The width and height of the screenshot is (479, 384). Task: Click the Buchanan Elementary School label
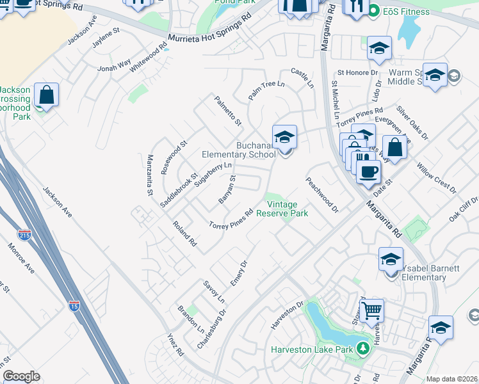pos(239,150)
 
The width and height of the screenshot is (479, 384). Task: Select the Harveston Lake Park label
pos(312,349)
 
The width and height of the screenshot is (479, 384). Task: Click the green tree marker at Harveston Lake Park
pos(363,349)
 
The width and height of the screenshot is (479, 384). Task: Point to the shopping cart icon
pos(371,310)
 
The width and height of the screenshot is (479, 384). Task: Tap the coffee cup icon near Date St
pos(368,172)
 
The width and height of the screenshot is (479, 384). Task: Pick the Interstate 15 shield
pos(74,306)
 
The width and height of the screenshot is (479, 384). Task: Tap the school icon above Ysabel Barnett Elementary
pos(391,259)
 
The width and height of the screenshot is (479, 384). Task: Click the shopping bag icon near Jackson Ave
pos(47,95)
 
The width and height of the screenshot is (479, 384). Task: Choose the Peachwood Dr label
pos(321,195)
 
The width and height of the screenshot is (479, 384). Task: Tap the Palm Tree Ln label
pos(266,90)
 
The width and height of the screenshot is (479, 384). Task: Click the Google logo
pos(21,376)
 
